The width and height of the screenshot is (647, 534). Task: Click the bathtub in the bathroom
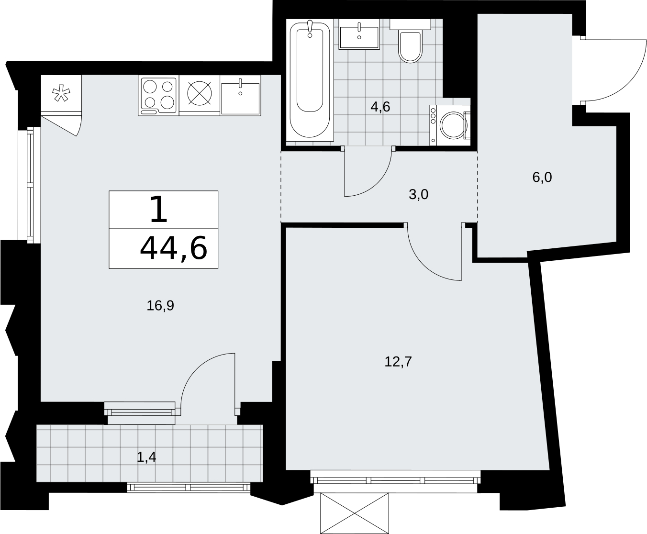[310, 80]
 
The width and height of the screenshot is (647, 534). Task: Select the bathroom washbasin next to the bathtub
[359, 34]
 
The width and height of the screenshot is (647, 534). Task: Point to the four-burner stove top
[159, 96]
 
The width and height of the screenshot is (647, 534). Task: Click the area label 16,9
[160, 306]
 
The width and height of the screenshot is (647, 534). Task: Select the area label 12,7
[398, 362]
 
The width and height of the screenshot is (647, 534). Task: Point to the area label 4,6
[380, 107]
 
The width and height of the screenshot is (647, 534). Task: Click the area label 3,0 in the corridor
[418, 195]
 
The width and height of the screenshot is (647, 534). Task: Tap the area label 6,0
[542, 177]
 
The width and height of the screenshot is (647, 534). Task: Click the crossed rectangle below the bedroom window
[355, 513]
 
